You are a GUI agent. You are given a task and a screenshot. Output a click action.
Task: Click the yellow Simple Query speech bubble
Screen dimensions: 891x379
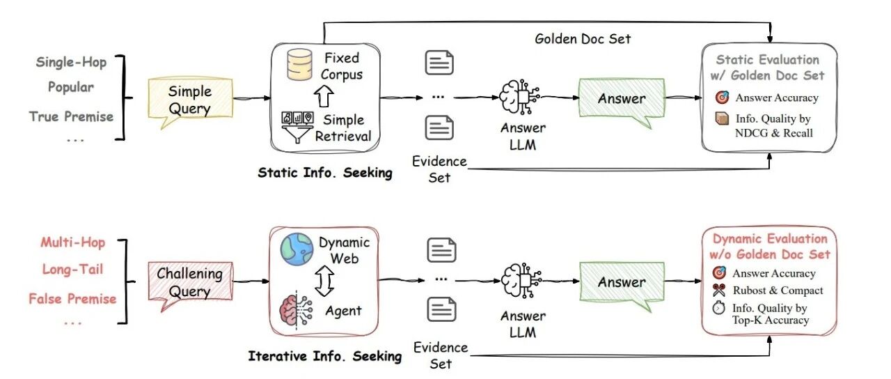coord(190,100)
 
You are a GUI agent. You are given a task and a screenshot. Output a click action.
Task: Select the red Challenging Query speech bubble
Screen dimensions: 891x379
coord(190,284)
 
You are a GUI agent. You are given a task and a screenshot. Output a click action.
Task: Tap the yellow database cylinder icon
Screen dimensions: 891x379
coord(299,65)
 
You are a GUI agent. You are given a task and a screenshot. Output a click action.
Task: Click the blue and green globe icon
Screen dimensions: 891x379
coord(297,249)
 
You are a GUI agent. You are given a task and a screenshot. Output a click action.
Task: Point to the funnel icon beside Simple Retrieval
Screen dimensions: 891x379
coord(297,127)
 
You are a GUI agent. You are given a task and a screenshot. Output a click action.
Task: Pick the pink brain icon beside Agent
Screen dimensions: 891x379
coord(296,310)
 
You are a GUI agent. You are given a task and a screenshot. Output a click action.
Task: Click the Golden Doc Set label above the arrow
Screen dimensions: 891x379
coord(583,39)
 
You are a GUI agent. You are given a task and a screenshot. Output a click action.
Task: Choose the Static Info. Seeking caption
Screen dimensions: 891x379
coord(325,173)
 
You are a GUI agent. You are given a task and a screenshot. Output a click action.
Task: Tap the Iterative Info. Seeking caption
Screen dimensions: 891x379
coord(325,356)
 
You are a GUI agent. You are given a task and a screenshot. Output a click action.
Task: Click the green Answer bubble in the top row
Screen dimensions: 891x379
coord(622,100)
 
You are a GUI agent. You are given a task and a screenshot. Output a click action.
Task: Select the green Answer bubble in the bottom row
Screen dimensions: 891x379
coord(622,284)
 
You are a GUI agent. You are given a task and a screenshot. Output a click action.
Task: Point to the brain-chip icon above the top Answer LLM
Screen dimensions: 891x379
coord(519,97)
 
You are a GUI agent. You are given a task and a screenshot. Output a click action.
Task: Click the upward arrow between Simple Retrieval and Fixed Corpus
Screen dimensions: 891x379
coord(324,97)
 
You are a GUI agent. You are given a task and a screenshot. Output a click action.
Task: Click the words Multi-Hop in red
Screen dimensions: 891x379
coord(73,242)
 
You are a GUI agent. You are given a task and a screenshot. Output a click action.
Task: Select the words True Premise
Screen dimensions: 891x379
coord(71,116)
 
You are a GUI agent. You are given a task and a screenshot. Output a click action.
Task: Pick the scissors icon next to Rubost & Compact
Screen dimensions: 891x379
coord(718,291)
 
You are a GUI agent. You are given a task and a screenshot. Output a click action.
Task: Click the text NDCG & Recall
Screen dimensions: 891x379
coord(773,133)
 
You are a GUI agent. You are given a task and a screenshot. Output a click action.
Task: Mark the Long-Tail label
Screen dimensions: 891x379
coord(72,270)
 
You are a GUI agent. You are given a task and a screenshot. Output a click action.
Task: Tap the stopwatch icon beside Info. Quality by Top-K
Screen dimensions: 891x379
coord(718,309)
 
